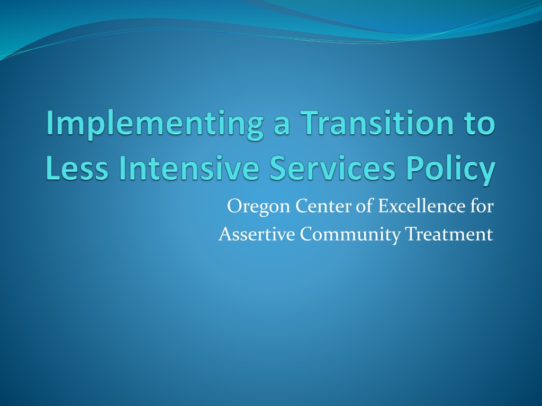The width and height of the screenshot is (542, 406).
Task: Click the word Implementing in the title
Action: click(x=155, y=125)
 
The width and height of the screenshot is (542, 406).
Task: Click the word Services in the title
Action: click(x=332, y=168)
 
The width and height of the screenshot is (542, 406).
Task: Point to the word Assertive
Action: click(x=257, y=234)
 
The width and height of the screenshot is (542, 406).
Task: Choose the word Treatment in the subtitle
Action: click(x=449, y=234)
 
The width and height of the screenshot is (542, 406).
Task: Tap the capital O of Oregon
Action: click(x=233, y=206)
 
